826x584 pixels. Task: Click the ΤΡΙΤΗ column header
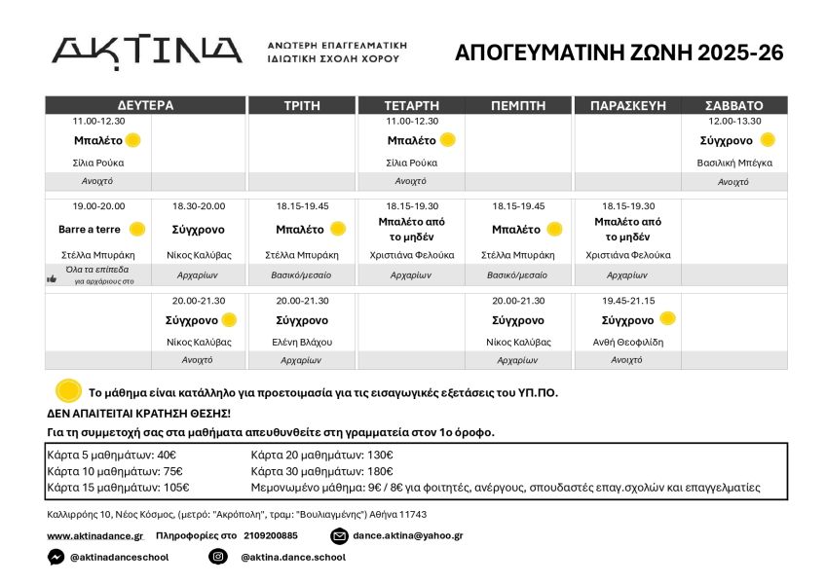(x=302, y=105)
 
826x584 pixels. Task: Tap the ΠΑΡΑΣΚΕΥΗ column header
(x=627, y=105)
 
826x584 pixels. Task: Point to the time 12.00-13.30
(x=734, y=122)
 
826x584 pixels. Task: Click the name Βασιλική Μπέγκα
(x=734, y=163)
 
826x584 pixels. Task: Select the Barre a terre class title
(x=90, y=230)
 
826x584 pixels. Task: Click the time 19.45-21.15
(x=627, y=301)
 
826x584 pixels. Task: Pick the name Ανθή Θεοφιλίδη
(x=627, y=342)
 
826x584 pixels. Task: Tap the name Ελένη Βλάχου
(x=302, y=342)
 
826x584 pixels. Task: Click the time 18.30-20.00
(x=198, y=206)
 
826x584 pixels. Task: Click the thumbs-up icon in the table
(x=53, y=279)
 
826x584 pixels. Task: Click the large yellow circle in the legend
(x=68, y=391)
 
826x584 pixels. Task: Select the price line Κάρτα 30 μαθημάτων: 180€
(x=321, y=471)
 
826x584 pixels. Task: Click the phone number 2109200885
(x=271, y=535)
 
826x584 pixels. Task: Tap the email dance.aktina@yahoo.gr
(x=407, y=535)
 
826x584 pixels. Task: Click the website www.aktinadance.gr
(x=94, y=535)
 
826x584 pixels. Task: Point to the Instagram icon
(x=218, y=557)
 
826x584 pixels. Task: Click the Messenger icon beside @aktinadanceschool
(x=56, y=557)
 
